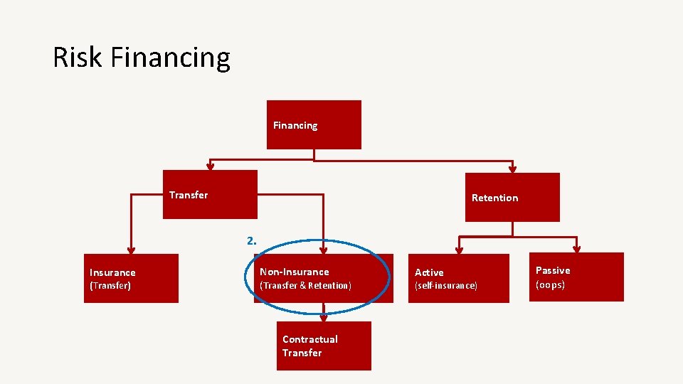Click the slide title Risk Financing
[142, 58]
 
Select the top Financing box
[314, 124]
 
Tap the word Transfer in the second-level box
[189, 195]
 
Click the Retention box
[512, 197]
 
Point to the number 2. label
[251, 240]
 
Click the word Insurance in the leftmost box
[112, 272]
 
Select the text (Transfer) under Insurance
[110, 286]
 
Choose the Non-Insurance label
[294, 272]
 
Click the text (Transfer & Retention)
[305, 286]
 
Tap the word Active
[429, 272]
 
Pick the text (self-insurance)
[446, 286]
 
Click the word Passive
[553, 270]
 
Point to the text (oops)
[550, 284]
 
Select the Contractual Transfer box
[324, 346]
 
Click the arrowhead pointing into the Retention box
[512, 169]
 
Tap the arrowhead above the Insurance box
[130, 249]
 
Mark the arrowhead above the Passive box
[577, 249]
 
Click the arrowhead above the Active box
[459, 250]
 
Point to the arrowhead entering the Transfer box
[209, 166]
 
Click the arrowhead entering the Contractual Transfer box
[324, 318]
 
